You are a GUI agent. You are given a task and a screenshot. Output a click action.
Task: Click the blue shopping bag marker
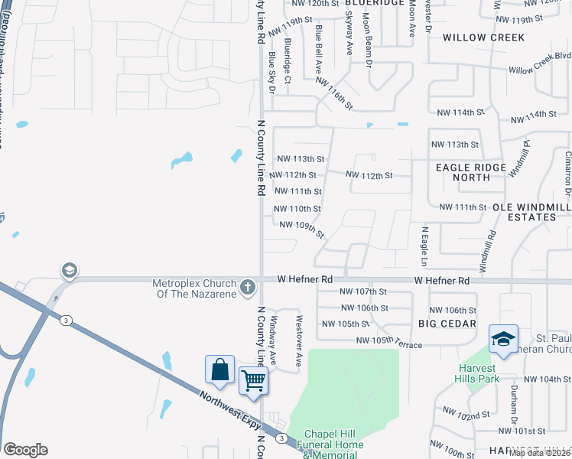(219, 369)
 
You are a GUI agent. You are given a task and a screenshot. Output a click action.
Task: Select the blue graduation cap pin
(503, 340)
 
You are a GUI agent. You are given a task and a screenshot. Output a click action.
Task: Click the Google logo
(25, 450)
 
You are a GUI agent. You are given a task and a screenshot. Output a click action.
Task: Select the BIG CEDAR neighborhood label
(448, 324)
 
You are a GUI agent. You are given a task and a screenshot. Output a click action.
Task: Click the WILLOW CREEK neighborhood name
(483, 37)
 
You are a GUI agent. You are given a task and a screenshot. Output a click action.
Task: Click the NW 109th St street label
(302, 228)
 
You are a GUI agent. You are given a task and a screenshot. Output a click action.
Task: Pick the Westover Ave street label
(299, 335)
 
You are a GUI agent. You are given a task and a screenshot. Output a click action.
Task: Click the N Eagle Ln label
(424, 242)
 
